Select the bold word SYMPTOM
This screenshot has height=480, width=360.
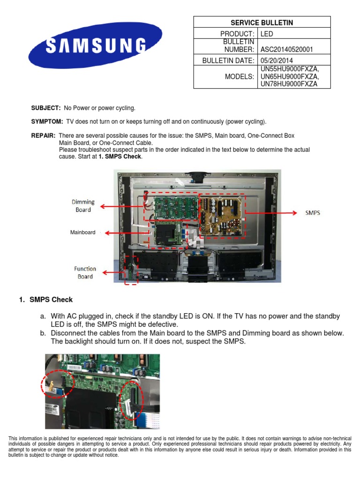(47, 122)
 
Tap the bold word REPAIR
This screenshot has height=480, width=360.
(43, 135)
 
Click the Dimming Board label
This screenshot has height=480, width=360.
(83, 206)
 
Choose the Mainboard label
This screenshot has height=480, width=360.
(82, 232)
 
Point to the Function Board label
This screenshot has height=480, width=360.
(85, 272)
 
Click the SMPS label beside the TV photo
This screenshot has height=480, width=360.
(312, 212)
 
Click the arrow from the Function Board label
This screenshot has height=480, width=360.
(112, 272)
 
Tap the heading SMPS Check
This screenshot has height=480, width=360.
(51, 300)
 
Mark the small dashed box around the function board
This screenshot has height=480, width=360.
(131, 270)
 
